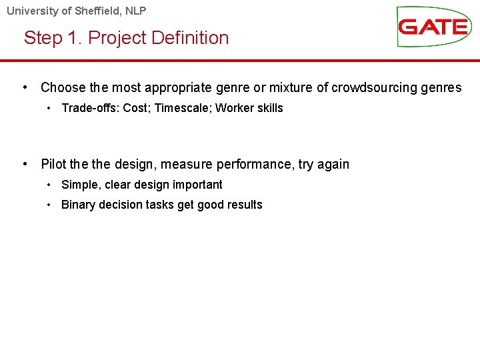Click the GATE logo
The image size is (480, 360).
tap(433, 27)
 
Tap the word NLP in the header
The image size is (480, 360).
tap(135, 11)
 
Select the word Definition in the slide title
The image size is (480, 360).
tap(190, 38)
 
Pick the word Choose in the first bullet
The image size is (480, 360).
tap(63, 87)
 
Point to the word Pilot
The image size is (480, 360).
tap(53, 164)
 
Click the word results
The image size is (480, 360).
tap(244, 205)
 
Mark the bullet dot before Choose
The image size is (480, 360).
tap(25, 87)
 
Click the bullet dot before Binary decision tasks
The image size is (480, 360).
tap(49, 205)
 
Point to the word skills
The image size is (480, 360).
tap(270, 108)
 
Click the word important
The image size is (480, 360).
tap(199, 185)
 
